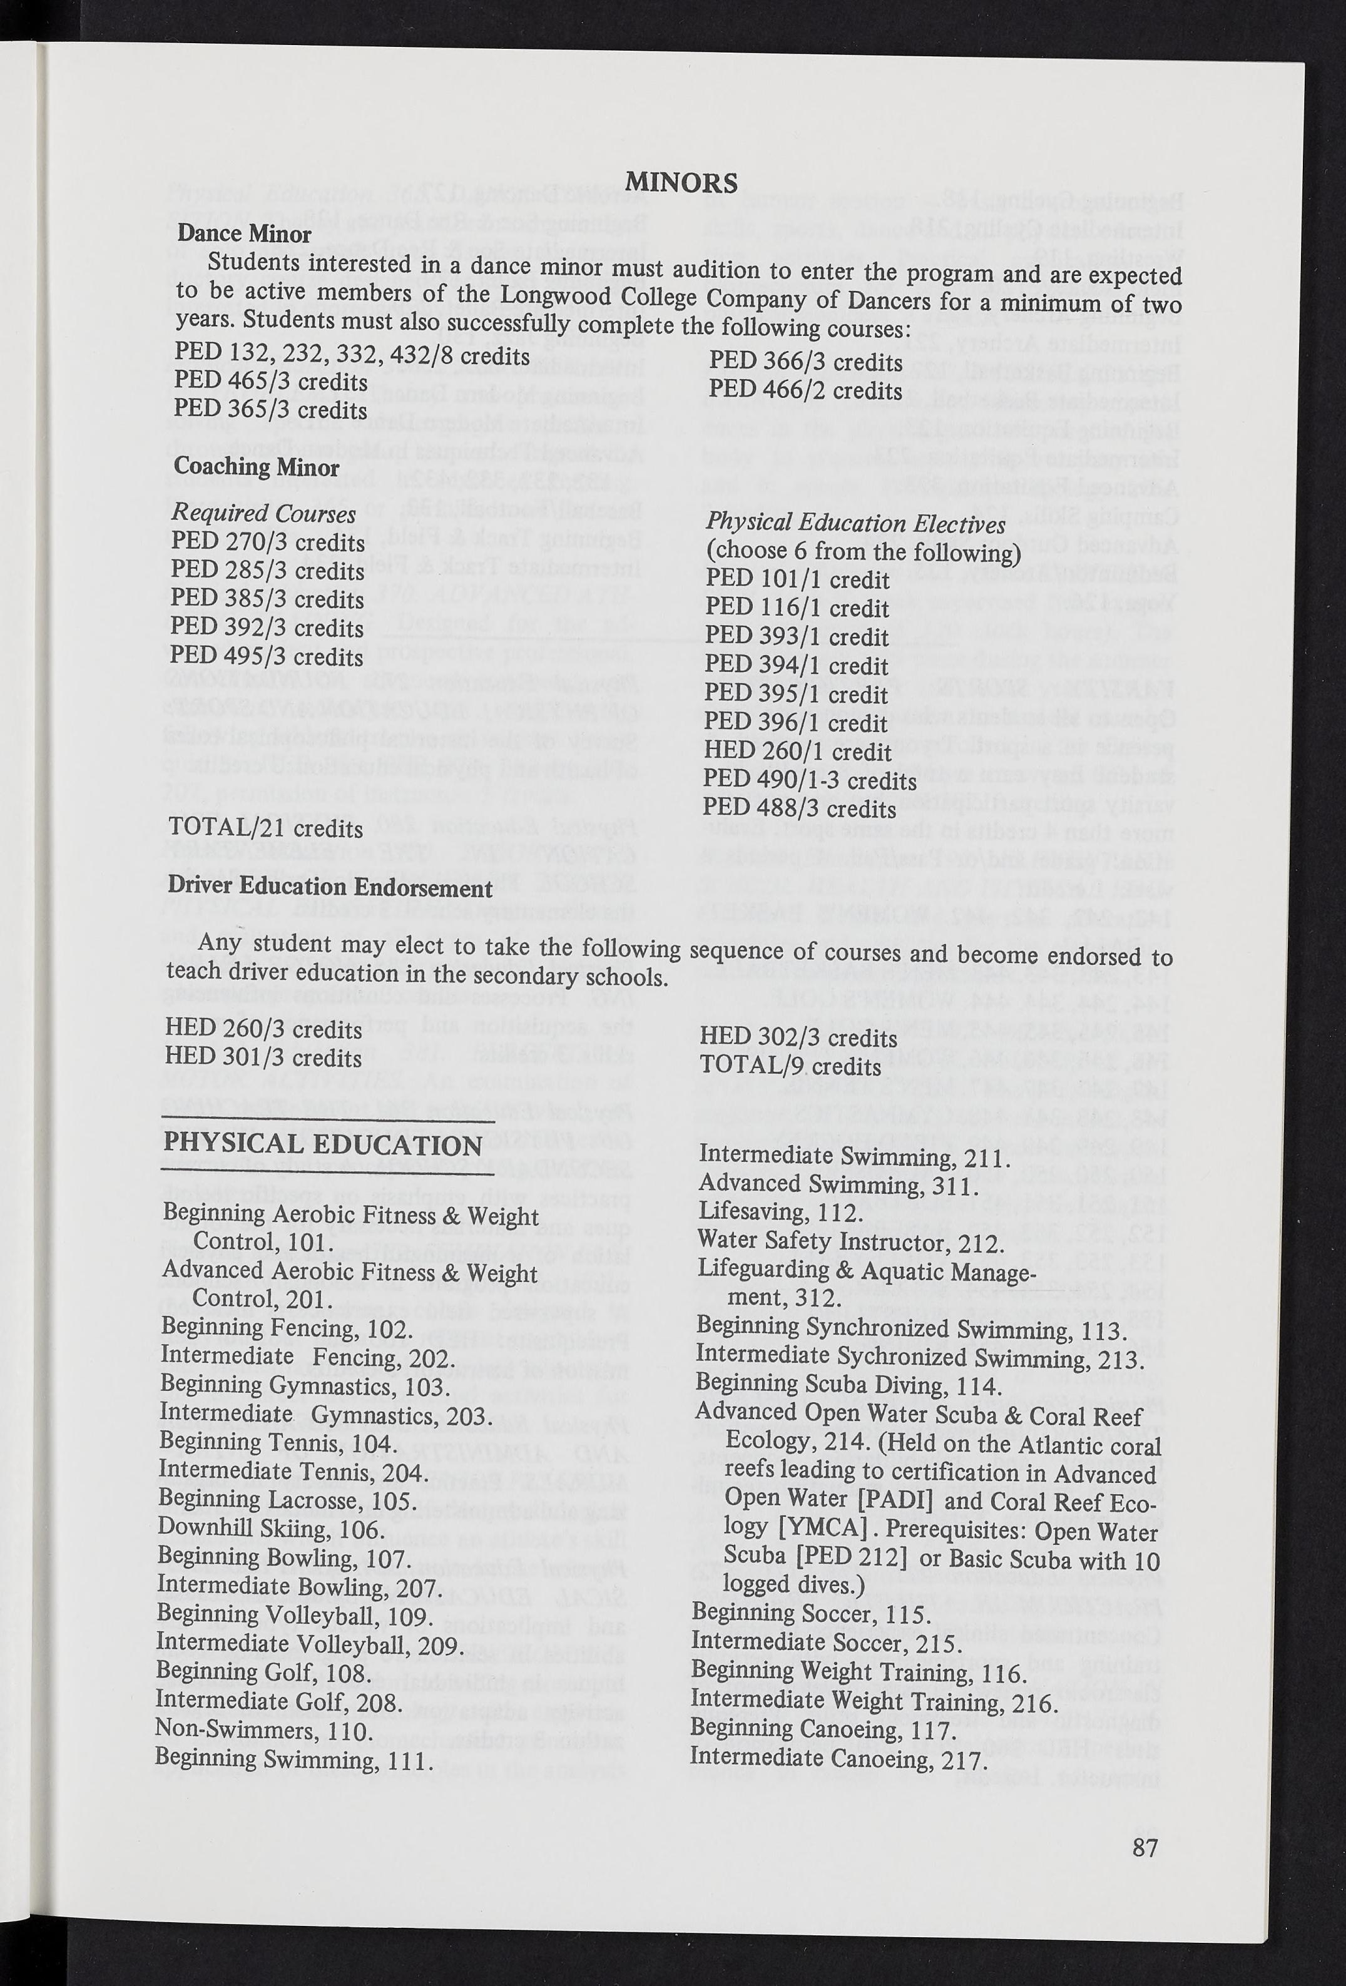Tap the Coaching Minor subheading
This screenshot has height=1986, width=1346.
tap(257, 467)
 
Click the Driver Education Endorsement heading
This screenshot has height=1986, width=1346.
tap(330, 887)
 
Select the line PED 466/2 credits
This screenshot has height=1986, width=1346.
tap(805, 390)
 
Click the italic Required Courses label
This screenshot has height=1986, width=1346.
tap(263, 514)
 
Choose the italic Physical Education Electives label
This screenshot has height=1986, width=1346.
tap(855, 524)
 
